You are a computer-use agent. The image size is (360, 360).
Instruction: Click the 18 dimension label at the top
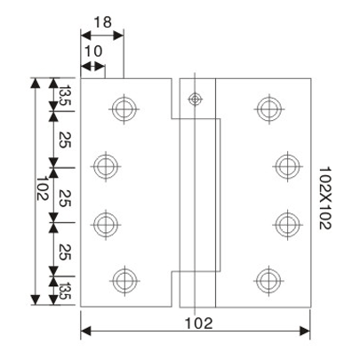click(101, 21)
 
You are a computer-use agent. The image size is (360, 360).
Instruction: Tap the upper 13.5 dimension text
click(65, 93)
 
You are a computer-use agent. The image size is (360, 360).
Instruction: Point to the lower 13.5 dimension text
click(65, 289)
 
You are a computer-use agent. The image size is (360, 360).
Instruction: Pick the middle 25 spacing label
click(65, 193)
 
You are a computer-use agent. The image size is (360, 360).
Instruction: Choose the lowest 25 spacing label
click(65, 250)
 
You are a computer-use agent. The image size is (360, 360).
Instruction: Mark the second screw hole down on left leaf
click(107, 164)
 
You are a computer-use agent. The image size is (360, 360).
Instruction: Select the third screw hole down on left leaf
click(107, 221)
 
